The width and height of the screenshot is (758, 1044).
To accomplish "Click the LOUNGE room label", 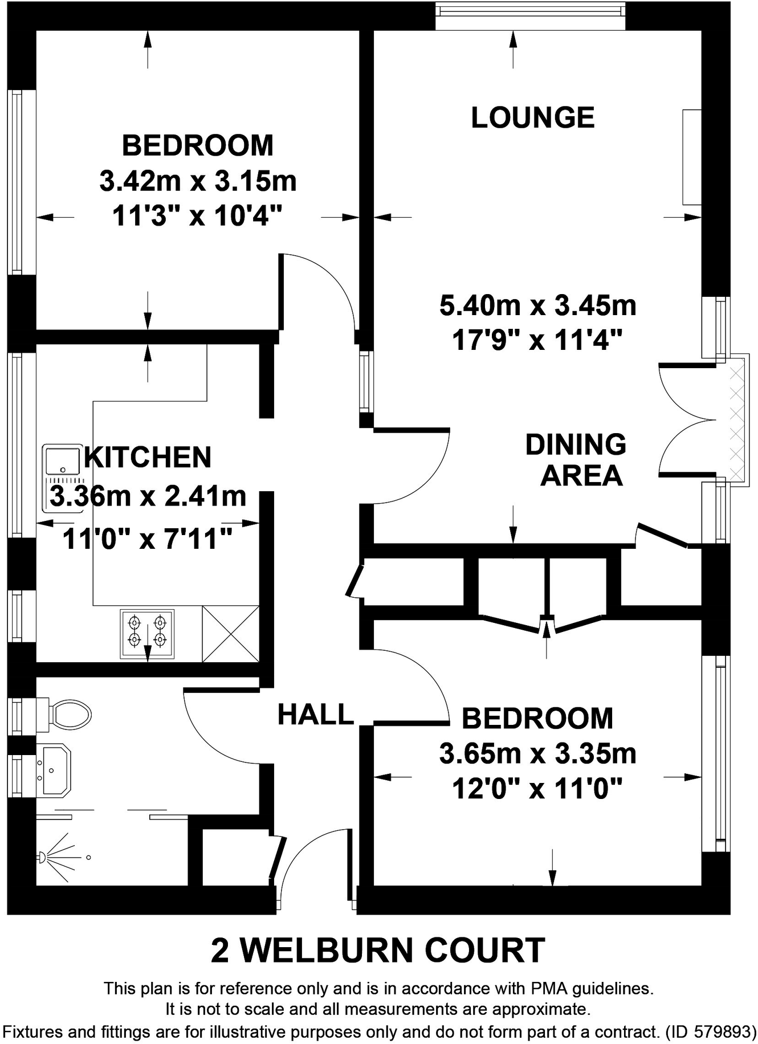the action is coord(533,117).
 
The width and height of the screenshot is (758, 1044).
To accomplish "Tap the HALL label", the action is coord(316,715).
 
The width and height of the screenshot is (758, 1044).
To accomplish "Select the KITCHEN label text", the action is coord(148,458).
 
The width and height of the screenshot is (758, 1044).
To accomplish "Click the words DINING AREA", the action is coord(576,460).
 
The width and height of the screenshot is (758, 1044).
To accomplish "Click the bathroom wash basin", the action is coord(54,770).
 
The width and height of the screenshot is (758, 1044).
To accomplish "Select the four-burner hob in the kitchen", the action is coord(147,634).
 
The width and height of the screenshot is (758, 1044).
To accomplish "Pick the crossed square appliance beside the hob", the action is coord(231,634).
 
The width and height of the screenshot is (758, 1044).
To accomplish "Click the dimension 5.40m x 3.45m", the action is coord(538,305).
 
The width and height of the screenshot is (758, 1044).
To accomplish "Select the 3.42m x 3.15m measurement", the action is coord(198,181).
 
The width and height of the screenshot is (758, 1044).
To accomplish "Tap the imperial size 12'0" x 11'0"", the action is coord(537,789).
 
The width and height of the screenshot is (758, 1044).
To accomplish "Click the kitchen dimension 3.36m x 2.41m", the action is coord(148,496).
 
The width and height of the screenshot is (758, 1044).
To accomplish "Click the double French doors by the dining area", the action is coord(687,420).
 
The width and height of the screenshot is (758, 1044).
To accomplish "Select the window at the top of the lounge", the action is coord(530,15).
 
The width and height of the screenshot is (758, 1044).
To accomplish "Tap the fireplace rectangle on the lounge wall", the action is coord(692,157).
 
